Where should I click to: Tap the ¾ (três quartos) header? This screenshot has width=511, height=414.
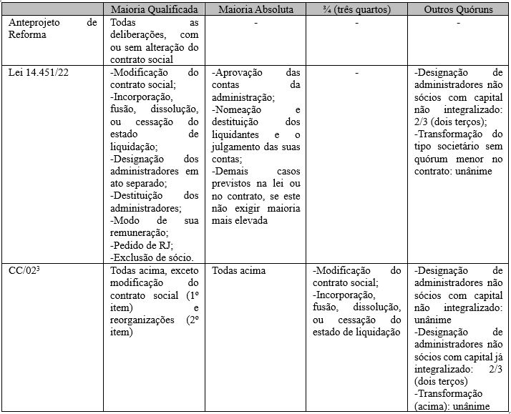356,9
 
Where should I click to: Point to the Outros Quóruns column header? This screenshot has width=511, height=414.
458,9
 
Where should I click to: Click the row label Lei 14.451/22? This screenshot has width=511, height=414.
39,72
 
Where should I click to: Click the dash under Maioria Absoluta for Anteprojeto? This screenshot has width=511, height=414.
255,23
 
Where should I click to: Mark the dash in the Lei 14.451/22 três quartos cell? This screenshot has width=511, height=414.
357,72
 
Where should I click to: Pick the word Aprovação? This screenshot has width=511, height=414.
240,72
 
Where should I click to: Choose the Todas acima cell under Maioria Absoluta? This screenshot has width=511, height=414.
238,271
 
